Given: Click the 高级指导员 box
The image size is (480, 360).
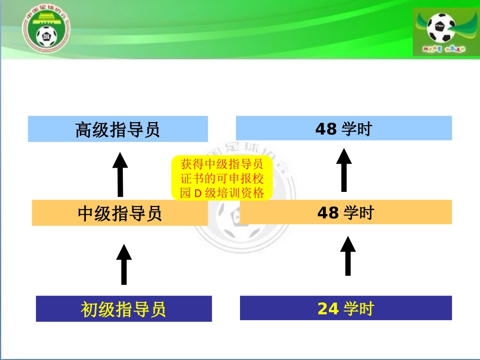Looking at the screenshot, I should (118, 129).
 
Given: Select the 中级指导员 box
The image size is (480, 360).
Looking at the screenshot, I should (120, 213).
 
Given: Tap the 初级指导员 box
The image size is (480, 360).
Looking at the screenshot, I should (124, 308).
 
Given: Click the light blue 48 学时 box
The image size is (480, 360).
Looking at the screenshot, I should (344, 129).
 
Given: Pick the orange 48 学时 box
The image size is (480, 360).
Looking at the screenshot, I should (346, 213).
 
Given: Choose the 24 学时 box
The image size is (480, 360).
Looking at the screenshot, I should (346, 308).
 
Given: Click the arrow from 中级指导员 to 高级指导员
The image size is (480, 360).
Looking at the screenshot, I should (120, 174).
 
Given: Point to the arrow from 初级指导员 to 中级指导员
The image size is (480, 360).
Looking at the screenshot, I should (124, 264).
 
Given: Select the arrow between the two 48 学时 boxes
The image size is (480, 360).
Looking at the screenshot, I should (344, 170).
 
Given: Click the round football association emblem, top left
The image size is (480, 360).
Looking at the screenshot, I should (46, 30).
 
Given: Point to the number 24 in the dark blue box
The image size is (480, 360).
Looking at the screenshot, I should (328, 308).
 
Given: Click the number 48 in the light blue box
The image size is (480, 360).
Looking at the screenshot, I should (326, 129).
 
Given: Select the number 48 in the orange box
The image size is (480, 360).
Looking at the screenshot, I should (328, 213).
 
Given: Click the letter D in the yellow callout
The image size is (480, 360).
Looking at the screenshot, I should (198, 193).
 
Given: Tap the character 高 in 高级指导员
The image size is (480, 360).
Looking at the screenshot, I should (84, 130).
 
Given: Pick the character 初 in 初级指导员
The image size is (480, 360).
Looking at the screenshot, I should (89, 309).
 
